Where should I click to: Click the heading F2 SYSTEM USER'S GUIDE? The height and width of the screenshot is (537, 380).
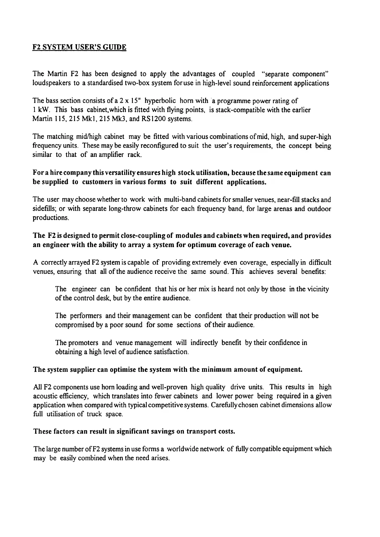(x=80, y=48)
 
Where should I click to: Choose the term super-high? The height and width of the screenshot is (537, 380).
(x=314, y=137)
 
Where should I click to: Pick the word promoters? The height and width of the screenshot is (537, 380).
(x=83, y=343)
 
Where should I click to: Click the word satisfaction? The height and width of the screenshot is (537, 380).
(x=170, y=352)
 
